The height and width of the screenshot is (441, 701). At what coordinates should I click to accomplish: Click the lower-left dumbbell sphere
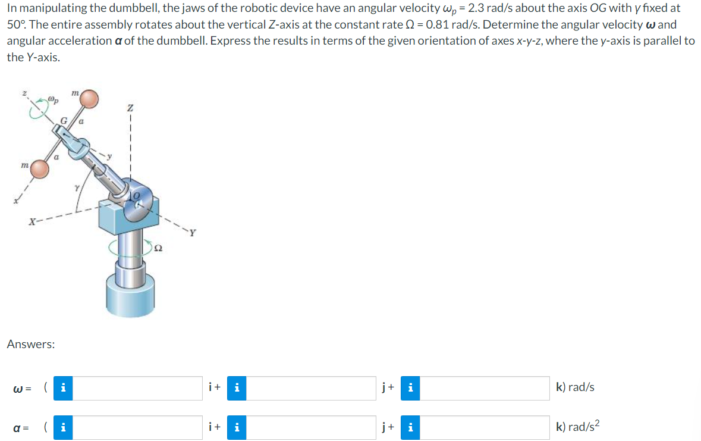click(40, 168)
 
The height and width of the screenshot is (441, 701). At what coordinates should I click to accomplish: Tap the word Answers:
click(31, 344)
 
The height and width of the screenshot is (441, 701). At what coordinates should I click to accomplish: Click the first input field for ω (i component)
click(138, 387)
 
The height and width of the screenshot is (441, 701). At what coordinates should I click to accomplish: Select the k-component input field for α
click(486, 427)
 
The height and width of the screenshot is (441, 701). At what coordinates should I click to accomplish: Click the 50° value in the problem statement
click(16, 26)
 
